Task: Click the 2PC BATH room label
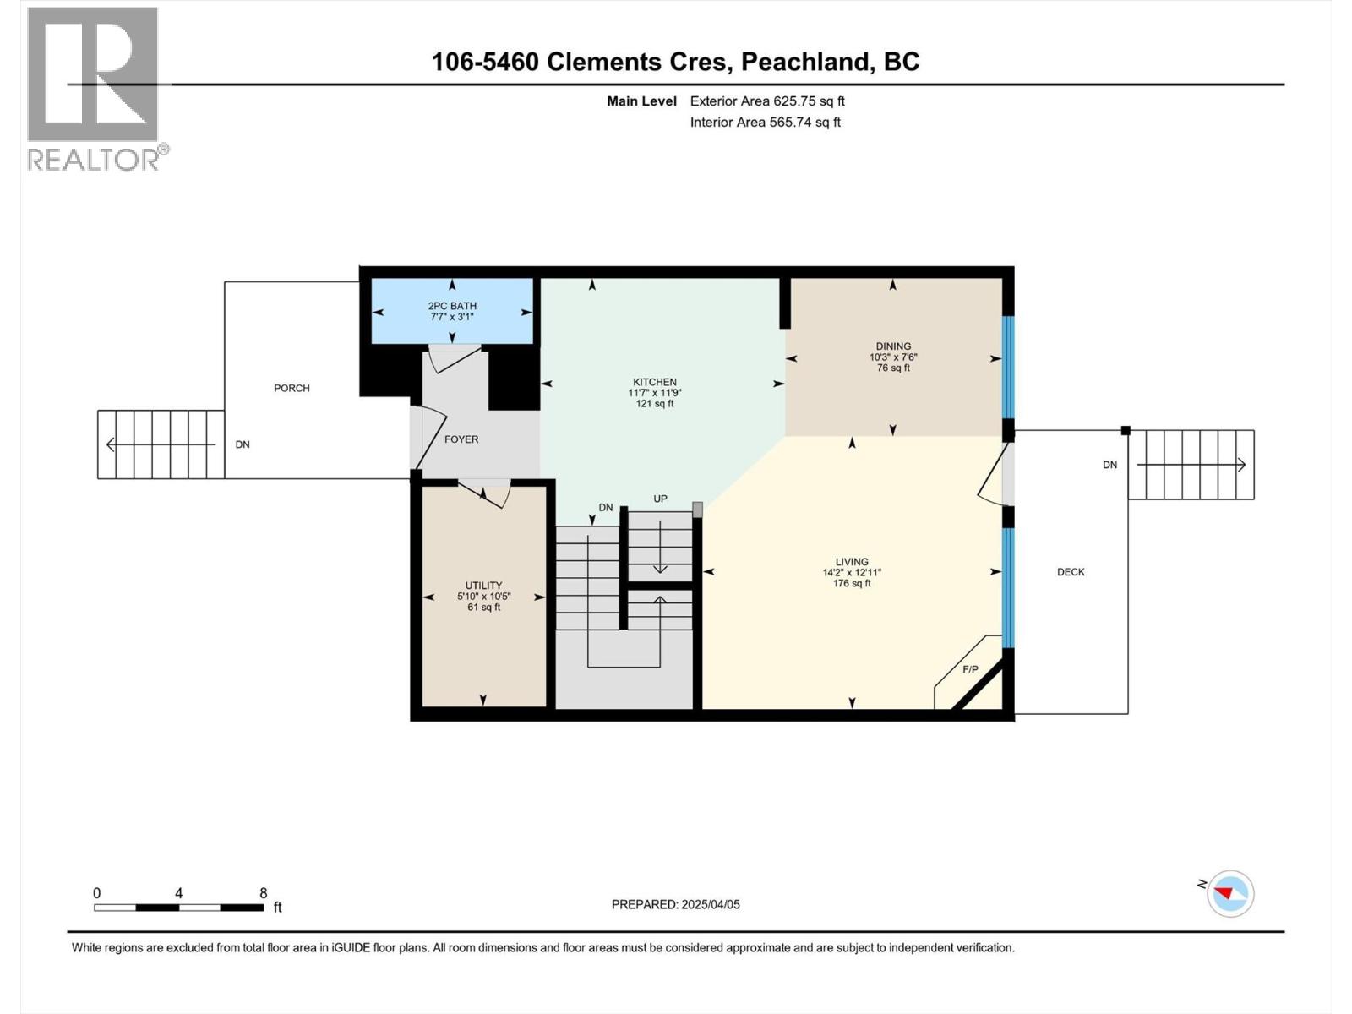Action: (452, 306)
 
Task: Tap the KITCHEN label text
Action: (655, 382)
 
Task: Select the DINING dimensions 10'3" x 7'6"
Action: (893, 357)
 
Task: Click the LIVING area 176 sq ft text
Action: (851, 583)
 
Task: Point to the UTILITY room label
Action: (483, 585)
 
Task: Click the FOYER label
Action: (461, 439)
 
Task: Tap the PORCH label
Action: (292, 388)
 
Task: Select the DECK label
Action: (1071, 572)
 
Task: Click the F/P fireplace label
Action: (970, 670)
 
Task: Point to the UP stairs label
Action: (660, 499)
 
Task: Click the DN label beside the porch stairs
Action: (243, 444)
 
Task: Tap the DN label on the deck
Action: (1109, 465)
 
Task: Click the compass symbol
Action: (1229, 893)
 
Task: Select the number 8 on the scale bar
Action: (264, 893)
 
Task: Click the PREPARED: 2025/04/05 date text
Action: (675, 904)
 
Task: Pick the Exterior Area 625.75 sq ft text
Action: (767, 101)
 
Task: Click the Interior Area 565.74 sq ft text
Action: (765, 122)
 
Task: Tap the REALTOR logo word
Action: (93, 159)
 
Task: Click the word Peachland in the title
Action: (807, 62)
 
